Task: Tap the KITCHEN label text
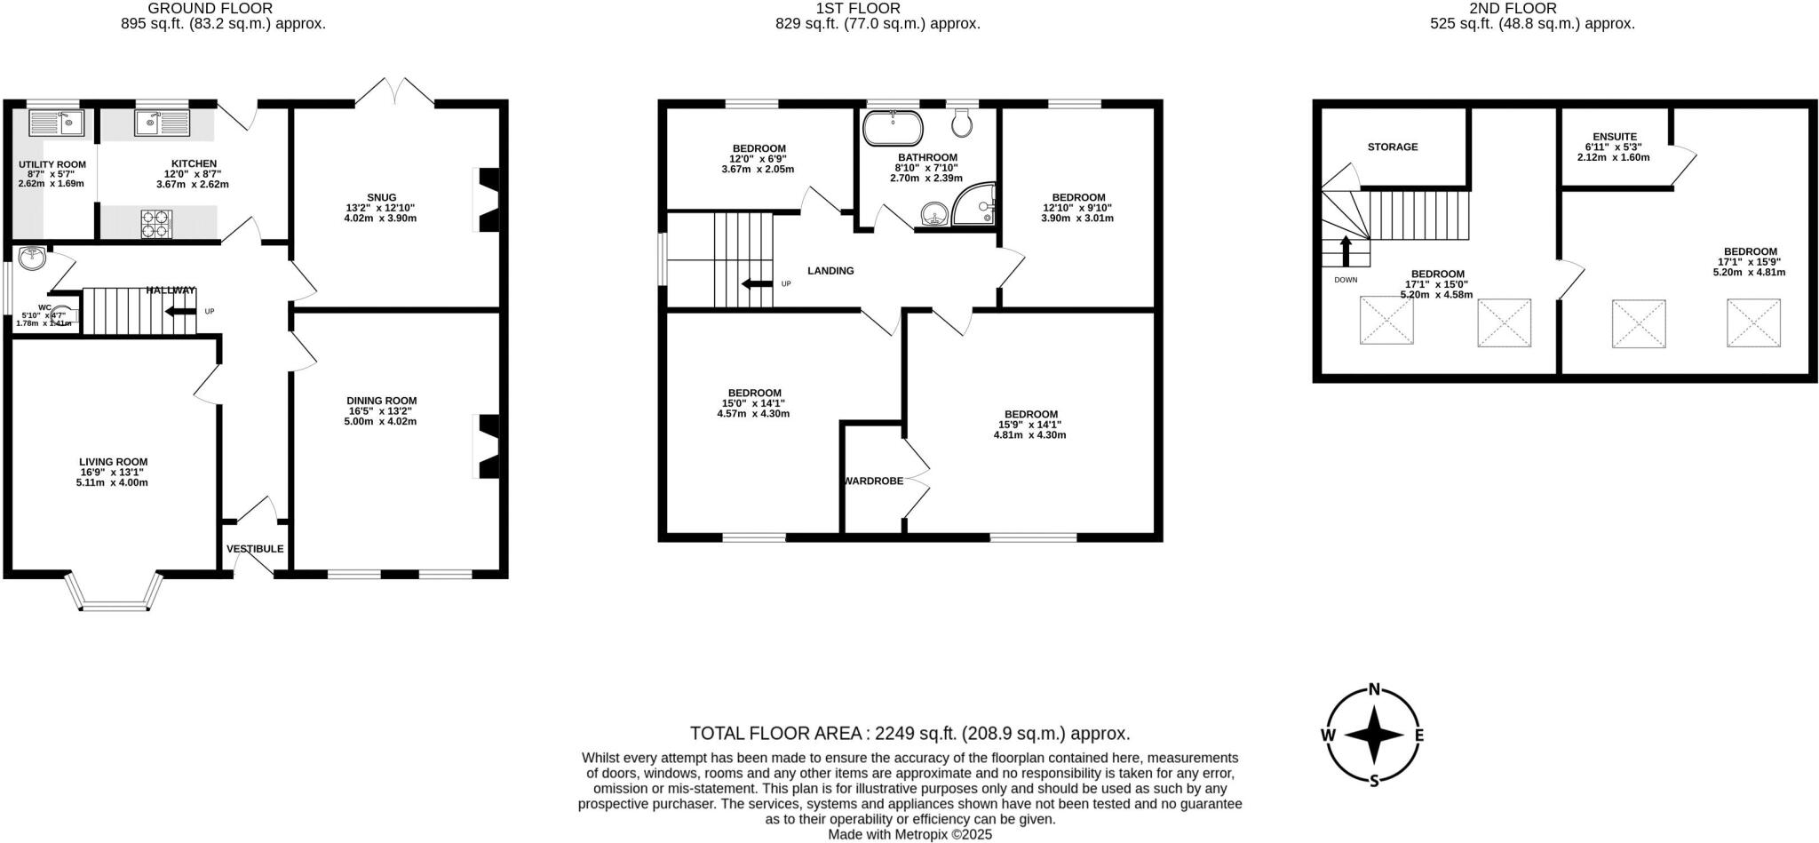pos(194,163)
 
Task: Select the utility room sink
pos(56,123)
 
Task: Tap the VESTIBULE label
pos(255,549)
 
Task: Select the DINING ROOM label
pos(381,401)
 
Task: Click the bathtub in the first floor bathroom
pos(893,128)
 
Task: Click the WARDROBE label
pos(873,481)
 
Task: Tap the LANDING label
pos(830,271)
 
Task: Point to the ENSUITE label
pos(1614,137)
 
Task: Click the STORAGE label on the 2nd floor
pos(1392,147)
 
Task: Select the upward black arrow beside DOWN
pos(1346,251)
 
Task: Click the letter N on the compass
pos(1374,689)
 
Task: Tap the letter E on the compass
pos(1418,735)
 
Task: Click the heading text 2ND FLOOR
pos(1532,9)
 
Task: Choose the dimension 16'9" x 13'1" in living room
pos(113,473)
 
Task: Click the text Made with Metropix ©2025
pos(909,835)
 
